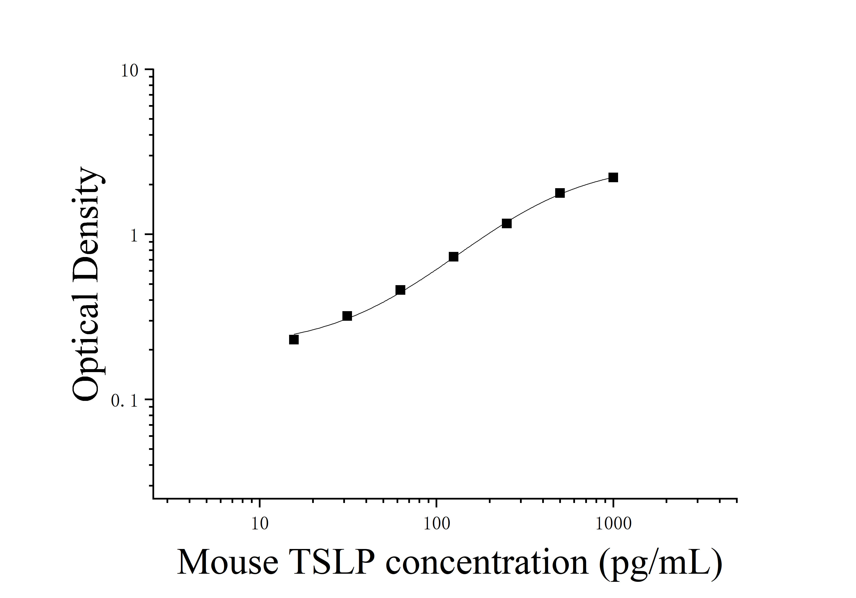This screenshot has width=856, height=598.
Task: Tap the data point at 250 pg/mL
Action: pyautogui.click(x=506, y=224)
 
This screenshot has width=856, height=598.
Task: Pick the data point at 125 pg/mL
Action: pyautogui.click(x=453, y=257)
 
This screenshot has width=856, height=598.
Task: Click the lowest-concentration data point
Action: pyautogui.click(x=294, y=339)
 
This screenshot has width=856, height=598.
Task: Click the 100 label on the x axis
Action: pyautogui.click(x=437, y=524)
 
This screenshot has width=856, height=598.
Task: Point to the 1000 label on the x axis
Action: pyautogui.click(x=613, y=524)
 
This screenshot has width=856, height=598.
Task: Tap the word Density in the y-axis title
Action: pyautogui.click(x=87, y=231)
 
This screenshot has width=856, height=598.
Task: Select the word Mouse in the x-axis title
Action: pyautogui.click(x=227, y=563)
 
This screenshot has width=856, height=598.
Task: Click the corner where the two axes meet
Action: pyautogui.click(x=153, y=498)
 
